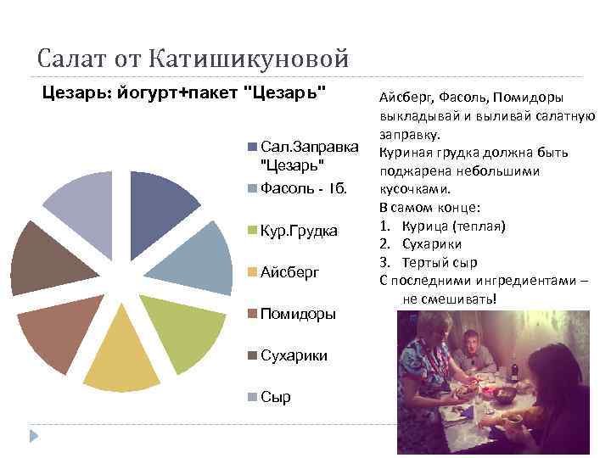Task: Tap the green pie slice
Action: [x=182, y=331]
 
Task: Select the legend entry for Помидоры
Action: [x=298, y=314]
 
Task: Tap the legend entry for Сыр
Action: [x=275, y=396]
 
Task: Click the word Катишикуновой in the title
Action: [x=249, y=59]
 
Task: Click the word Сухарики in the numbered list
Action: [x=436, y=244]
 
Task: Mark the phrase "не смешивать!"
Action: [x=449, y=299]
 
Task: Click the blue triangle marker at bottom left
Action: [x=35, y=436]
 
